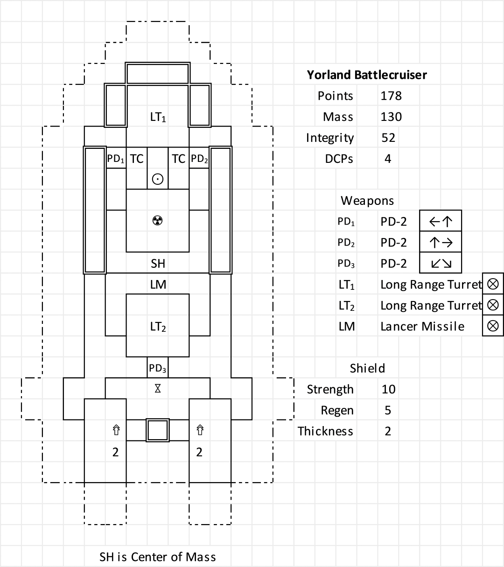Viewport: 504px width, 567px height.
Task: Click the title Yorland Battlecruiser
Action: (x=367, y=75)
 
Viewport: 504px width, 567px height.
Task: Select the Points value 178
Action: (x=391, y=96)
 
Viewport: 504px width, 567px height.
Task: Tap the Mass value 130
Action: (x=391, y=117)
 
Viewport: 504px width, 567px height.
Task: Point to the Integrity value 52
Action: (x=388, y=138)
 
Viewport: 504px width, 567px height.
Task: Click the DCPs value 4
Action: (x=388, y=159)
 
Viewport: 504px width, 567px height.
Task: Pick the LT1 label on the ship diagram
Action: (x=158, y=118)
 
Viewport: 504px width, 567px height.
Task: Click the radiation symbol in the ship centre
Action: (x=158, y=220)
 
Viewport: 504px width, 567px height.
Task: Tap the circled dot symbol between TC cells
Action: (x=158, y=179)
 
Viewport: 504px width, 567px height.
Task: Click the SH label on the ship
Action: (x=158, y=264)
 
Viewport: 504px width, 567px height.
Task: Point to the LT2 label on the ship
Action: (x=158, y=327)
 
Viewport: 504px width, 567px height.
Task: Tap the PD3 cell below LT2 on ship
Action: (x=158, y=368)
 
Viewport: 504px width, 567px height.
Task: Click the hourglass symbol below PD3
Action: (x=158, y=388)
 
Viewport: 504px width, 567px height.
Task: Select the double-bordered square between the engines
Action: (x=158, y=430)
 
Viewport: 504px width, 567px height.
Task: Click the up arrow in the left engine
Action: (x=116, y=430)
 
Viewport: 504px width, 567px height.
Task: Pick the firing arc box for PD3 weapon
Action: (x=441, y=264)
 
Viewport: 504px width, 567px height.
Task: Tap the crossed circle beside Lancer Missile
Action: (x=493, y=326)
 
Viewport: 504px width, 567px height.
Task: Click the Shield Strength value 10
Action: (x=388, y=389)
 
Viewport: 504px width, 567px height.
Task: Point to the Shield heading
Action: (x=367, y=368)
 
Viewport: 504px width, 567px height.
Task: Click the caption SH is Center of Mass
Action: (x=158, y=556)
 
